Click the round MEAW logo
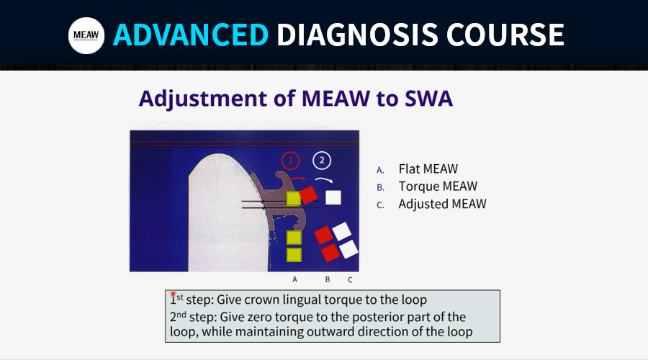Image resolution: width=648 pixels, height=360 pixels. point(86,35)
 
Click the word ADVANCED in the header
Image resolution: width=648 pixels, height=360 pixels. point(191,35)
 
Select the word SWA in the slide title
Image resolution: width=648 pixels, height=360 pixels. point(428,99)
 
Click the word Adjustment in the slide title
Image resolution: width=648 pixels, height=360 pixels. point(203,99)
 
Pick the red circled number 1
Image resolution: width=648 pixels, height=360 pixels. point(291,161)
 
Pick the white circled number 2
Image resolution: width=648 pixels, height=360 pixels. point(322,161)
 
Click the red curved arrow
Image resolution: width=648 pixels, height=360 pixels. point(297,179)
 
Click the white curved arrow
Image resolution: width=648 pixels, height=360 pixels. point(324,180)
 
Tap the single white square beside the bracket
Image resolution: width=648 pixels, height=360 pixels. point(333,197)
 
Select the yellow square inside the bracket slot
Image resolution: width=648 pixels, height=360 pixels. point(294,199)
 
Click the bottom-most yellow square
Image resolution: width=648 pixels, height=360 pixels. point(294,255)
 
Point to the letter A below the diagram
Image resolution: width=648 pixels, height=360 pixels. point(294,279)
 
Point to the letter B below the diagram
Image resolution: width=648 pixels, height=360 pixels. point(328,279)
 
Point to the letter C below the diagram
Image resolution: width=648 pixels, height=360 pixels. point(350,280)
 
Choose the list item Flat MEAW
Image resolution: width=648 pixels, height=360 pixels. point(428,168)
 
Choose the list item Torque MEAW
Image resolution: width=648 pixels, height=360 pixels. point(438,186)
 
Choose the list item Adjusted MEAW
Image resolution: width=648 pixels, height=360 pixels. point(442,204)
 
